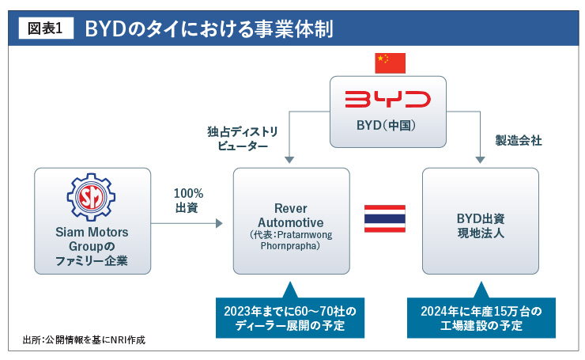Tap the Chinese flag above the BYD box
pos(390,63)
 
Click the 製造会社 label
pos(519,140)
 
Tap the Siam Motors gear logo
pos(92,201)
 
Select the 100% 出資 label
pos(188,200)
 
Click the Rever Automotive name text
pos(290,215)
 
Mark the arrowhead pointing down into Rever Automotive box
pos(290,162)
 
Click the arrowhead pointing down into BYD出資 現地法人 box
pos(480,162)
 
